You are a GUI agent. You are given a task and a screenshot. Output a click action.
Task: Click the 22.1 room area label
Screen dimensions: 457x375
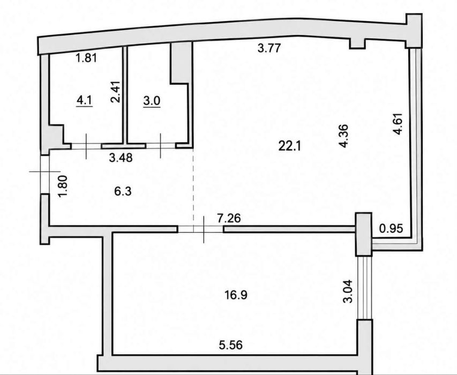point(289,146)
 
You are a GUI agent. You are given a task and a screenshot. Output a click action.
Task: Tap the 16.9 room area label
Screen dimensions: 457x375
point(236,295)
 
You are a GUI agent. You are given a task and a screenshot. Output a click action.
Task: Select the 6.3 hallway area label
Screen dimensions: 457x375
point(123,191)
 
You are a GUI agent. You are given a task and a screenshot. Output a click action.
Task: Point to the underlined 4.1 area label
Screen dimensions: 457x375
point(84,101)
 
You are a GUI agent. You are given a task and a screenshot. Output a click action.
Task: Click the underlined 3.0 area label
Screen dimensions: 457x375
point(152,101)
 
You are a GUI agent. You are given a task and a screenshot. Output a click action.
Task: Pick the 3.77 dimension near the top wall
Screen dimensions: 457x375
point(269,48)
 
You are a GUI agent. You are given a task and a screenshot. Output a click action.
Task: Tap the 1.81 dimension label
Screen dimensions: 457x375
point(86,58)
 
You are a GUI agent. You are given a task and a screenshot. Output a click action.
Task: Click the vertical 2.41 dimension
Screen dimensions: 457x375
point(115,92)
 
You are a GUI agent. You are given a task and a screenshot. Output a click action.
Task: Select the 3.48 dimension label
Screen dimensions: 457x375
point(121,158)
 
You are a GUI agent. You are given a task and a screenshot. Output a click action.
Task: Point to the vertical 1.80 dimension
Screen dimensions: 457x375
point(63,186)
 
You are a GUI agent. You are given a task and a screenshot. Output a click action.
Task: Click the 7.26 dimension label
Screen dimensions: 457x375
point(229,218)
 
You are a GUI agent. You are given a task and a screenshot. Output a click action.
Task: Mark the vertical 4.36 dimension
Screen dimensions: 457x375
point(343,136)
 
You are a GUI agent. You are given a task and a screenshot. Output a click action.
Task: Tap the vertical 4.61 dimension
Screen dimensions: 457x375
point(398,124)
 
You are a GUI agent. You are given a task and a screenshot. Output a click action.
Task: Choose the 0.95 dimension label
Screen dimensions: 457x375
point(391,228)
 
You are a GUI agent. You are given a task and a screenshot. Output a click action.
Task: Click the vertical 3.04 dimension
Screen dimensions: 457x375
point(348,291)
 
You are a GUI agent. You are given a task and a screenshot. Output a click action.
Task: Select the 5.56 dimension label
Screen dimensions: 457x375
point(230,346)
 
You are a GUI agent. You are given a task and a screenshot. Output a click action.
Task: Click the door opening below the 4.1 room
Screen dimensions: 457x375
point(86,146)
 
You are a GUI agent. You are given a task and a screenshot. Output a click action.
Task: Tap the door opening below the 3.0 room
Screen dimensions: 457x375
point(161,146)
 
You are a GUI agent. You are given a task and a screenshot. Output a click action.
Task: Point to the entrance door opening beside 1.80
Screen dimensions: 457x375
point(44,175)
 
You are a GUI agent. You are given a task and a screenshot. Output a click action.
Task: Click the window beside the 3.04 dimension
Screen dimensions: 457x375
point(365,288)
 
